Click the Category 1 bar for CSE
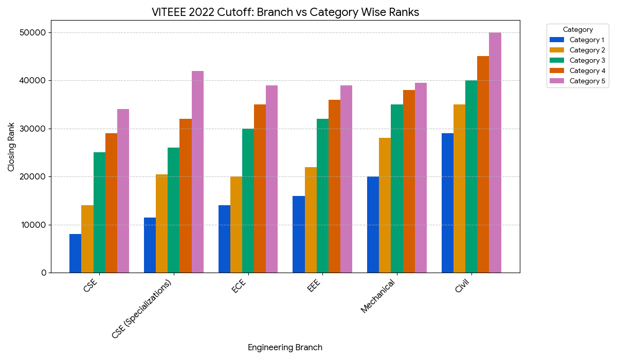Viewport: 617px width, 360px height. tap(75, 253)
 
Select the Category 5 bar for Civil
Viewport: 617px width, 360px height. tap(495, 152)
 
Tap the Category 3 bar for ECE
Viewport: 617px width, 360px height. tap(248, 201)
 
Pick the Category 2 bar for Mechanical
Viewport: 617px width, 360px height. tap(385, 205)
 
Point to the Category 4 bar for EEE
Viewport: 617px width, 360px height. tap(334, 186)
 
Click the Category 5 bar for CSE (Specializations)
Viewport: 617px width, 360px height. tap(197, 172)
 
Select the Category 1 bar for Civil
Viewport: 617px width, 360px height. tap(447, 203)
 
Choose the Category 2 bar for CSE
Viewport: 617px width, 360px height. tap(87, 239)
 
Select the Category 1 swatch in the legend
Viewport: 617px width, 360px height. tap(557, 40)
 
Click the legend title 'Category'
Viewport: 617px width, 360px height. tap(578, 30)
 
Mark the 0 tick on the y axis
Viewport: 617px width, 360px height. tap(44, 273)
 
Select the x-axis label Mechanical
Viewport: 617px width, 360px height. tap(378, 296)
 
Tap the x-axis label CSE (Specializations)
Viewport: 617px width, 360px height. tap(142, 310)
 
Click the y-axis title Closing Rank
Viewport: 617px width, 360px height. tap(11, 150)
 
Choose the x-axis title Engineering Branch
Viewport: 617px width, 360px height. tap(285, 348)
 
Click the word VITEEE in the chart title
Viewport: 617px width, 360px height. tap(169, 12)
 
